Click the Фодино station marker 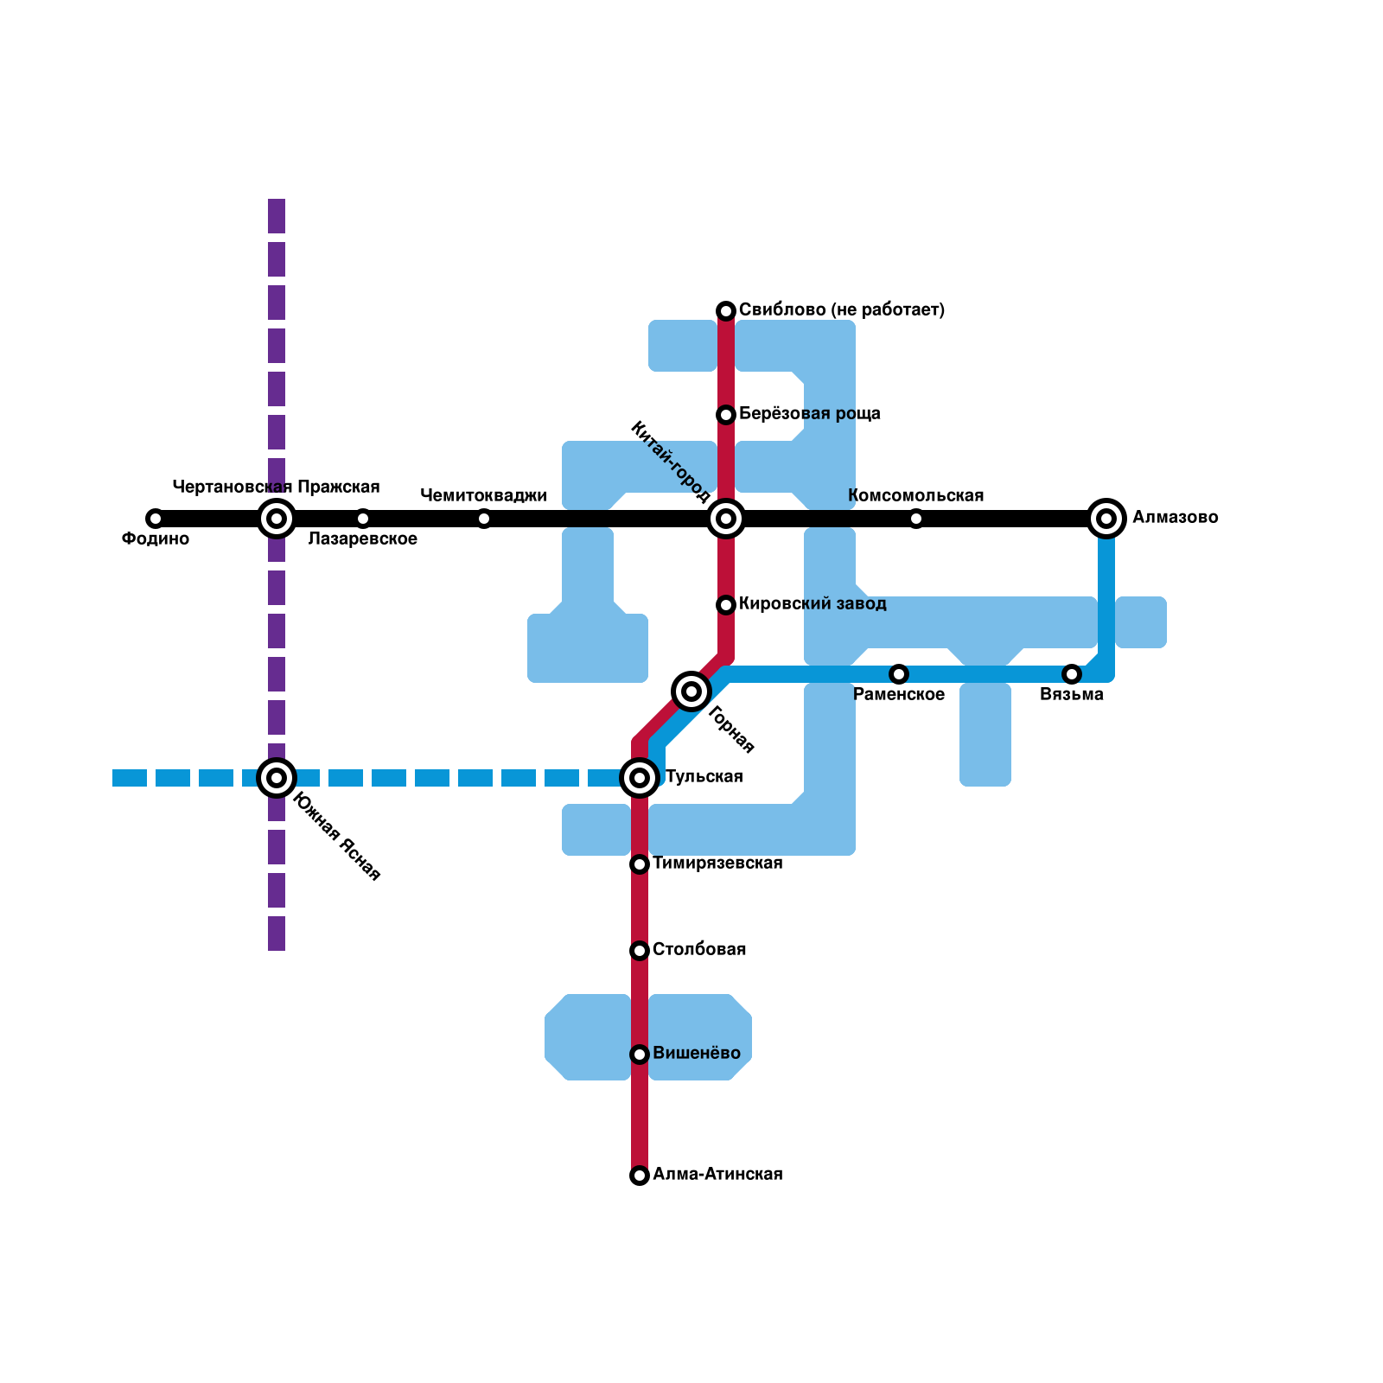(155, 519)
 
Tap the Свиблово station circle (726, 311)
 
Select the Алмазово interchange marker (1106, 519)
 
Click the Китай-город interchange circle (726, 519)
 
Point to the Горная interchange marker (691, 691)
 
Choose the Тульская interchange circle (640, 778)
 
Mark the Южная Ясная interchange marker (277, 778)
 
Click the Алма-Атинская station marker (640, 1176)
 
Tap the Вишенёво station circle (640, 1055)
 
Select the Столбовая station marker (640, 951)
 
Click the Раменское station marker (899, 674)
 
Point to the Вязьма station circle (1072, 674)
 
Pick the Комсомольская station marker (916, 519)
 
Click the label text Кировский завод (813, 603)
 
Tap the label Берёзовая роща (810, 413)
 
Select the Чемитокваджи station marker (484, 519)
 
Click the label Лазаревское (363, 539)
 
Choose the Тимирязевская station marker (640, 864)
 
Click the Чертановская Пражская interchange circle (277, 519)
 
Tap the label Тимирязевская (717, 863)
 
